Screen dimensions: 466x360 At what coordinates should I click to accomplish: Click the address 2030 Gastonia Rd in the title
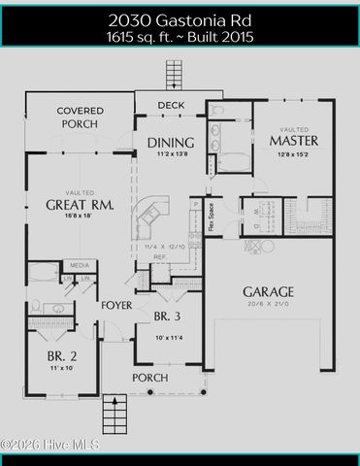(180, 19)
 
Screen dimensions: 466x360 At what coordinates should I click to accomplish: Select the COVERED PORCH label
(80, 117)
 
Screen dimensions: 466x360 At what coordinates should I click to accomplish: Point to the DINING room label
(171, 143)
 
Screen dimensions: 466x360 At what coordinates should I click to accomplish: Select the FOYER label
(116, 306)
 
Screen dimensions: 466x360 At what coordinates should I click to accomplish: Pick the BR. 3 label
(167, 316)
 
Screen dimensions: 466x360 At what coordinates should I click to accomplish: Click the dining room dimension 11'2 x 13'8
(171, 155)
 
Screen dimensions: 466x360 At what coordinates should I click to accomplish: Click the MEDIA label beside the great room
(80, 264)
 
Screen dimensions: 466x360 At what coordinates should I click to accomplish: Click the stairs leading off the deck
(174, 74)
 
